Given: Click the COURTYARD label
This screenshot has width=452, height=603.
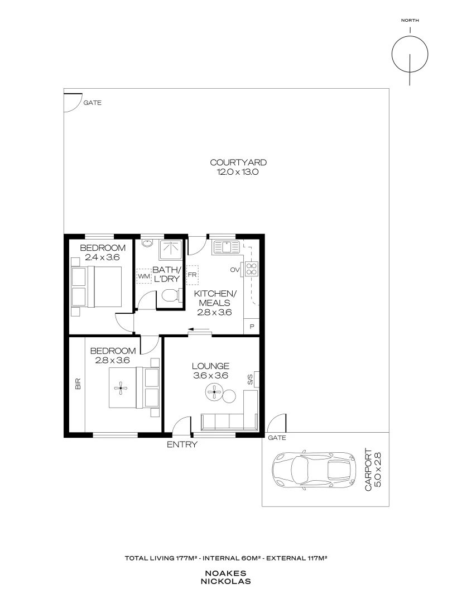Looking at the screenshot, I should tap(238, 162).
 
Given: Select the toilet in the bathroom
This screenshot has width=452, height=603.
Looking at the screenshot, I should tap(170, 296).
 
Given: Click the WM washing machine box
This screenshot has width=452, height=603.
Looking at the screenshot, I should tap(144, 276).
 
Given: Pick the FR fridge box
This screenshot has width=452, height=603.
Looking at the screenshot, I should tap(193, 274).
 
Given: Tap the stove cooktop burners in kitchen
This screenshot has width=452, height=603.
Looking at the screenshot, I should tap(252, 269).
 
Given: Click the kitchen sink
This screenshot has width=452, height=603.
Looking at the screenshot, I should tap(227, 246).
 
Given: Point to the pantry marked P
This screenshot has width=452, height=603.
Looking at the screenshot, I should tap(252, 327).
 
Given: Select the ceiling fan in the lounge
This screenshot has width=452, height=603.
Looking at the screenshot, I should tap(213, 393).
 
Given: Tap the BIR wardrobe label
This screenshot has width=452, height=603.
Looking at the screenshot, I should tap(78, 384).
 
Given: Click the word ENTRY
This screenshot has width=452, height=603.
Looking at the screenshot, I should tap(182, 444).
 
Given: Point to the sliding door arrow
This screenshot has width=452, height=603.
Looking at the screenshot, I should tap(199, 329).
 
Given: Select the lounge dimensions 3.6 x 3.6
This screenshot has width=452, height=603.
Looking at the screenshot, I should tap(211, 376).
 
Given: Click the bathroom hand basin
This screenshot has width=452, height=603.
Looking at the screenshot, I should tap(147, 243).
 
